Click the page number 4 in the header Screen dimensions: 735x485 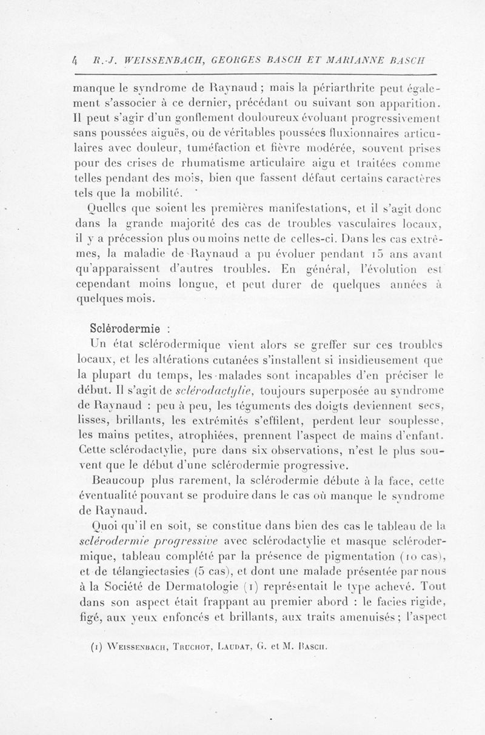tap(75, 60)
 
